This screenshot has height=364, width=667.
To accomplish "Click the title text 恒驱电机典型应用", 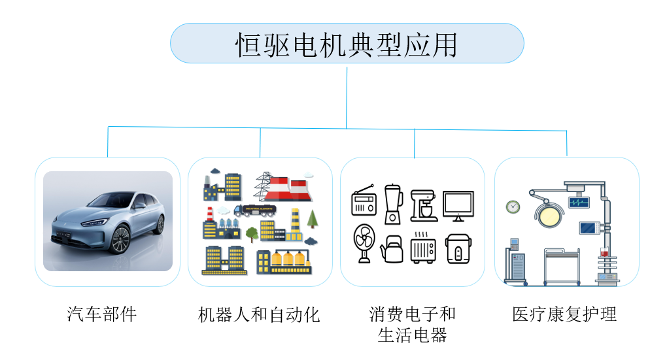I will tap(346, 44).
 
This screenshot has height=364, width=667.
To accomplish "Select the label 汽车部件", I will tap(102, 314).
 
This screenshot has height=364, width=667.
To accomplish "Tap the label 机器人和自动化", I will tap(259, 314).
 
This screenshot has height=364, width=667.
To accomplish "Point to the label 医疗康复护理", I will tap(564, 314).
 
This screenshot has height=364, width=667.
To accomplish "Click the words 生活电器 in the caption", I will tap(412, 335).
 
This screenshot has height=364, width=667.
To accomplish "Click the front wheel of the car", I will tap(120, 240).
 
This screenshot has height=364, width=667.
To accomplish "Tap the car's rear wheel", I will tap(159, 224).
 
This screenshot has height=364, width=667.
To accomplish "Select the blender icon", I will tap(392, 203).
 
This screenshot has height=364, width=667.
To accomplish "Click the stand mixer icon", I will tap(423, 204).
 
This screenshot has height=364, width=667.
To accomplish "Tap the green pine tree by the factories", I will tap(312, 218).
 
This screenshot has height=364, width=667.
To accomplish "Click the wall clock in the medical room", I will tap(513, 207).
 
